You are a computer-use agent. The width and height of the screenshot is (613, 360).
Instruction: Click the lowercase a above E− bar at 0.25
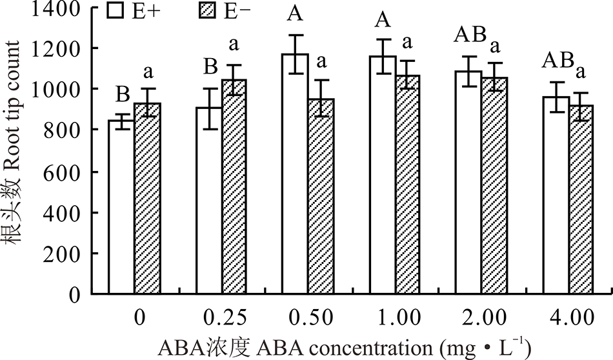(234, 45)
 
